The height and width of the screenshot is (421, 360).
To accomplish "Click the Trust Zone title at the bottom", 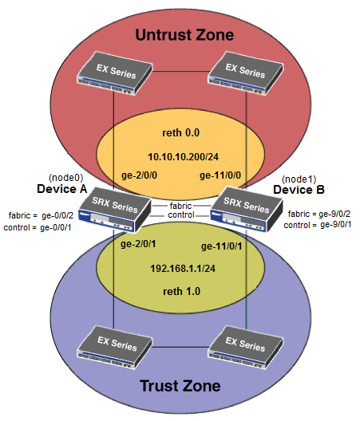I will (x=180, y=387).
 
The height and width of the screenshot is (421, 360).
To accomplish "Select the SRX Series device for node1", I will (x=243, y=209).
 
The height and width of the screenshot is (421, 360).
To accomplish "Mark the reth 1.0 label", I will (x=180, y=293).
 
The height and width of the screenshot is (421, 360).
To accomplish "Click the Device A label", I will (x=61, y=189).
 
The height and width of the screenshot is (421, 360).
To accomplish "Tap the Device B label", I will (x=296, y=190).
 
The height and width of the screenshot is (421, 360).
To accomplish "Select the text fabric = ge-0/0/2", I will (x=41, y=215).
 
